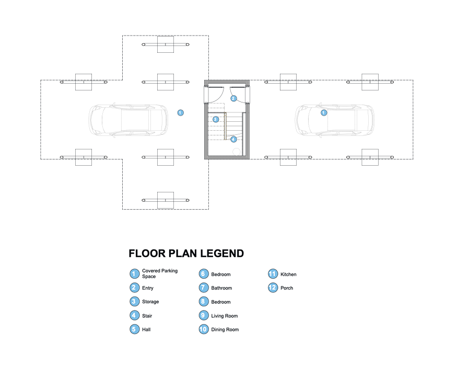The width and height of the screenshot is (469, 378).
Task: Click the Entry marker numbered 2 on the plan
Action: [x=234, y=98]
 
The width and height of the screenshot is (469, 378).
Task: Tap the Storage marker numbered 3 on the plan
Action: [x=215, y=119]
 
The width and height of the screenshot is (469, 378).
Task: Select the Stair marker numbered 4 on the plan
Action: [x=233, y=140]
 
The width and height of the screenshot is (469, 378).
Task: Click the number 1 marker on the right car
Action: [x=323, y=113]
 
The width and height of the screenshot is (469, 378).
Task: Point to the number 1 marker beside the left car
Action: [x=180, y=112]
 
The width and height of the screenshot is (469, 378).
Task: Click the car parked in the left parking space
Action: [x=128, y=120]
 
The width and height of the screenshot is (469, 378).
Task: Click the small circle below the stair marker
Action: [x=237, y=152]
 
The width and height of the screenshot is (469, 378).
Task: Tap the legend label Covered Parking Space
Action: [x=160, y=273]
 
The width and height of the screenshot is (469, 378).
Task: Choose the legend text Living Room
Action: [x=224, y=316]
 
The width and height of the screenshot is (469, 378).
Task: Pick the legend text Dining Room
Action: [x=225, y=330]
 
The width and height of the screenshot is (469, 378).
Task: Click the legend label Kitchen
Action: [x=288, y=274]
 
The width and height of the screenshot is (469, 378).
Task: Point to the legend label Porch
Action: [x=287, y=288]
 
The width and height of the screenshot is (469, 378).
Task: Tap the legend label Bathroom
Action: [x=221, y=288]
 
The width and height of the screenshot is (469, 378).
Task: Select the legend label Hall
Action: [x=147, y=330]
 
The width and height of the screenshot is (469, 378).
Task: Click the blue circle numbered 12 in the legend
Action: [x=273, y=288]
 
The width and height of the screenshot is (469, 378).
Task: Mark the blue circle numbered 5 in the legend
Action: [x=134, y=329]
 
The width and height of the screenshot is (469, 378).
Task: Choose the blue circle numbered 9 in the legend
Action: [x=204, y=316]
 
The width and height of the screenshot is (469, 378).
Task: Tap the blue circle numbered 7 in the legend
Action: [x=204, y=288]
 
